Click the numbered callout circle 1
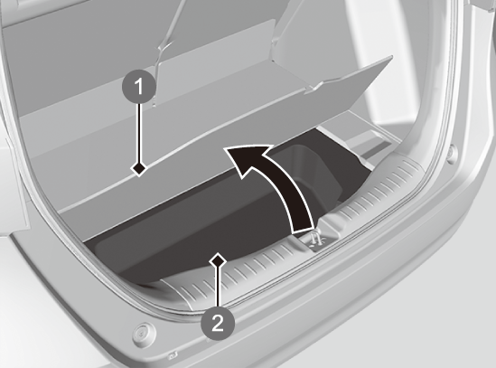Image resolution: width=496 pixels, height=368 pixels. (x=139, y=87)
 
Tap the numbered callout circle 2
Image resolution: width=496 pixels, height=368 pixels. (x=218, y=324)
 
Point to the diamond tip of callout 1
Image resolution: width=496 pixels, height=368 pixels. (x=139, y=168)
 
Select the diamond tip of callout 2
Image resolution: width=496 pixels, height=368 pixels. (x=218, y=260)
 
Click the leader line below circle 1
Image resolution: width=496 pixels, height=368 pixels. (x=139, y=133)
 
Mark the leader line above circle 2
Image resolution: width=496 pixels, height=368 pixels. (x=218, y=287)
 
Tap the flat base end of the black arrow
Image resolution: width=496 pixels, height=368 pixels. (x=303, y=230)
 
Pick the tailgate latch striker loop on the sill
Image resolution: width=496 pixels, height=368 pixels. (x=314, y=237)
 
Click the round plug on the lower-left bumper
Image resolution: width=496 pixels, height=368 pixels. (x=144, y=333)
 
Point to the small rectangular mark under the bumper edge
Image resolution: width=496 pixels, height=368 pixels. (x=172, y=355)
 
